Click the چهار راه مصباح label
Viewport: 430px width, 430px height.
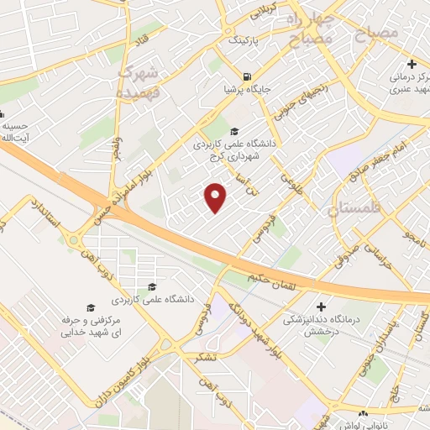tap(306, 29)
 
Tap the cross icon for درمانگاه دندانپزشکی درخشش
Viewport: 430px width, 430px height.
tap(321, 306)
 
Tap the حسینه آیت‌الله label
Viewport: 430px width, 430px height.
tap(16, 131)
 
